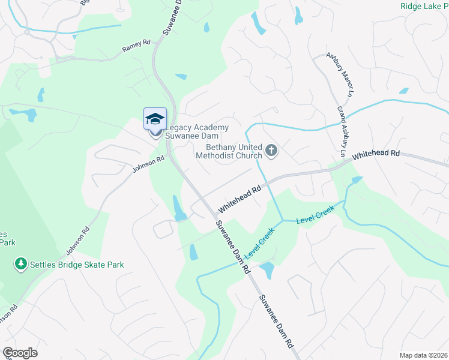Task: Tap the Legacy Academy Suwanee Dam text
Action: click(197, 132)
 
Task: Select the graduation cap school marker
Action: click(155, 118)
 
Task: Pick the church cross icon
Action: click(271, 150)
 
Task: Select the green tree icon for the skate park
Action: click(21, 263)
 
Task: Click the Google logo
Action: click(20, 353)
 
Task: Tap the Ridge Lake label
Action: click(424, 5)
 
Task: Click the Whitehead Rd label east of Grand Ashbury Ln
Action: click(376, 155)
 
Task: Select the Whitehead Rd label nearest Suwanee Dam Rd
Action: click(241, 199)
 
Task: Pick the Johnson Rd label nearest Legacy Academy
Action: click(148, 164)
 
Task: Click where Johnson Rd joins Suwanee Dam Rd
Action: click(169, 154)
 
